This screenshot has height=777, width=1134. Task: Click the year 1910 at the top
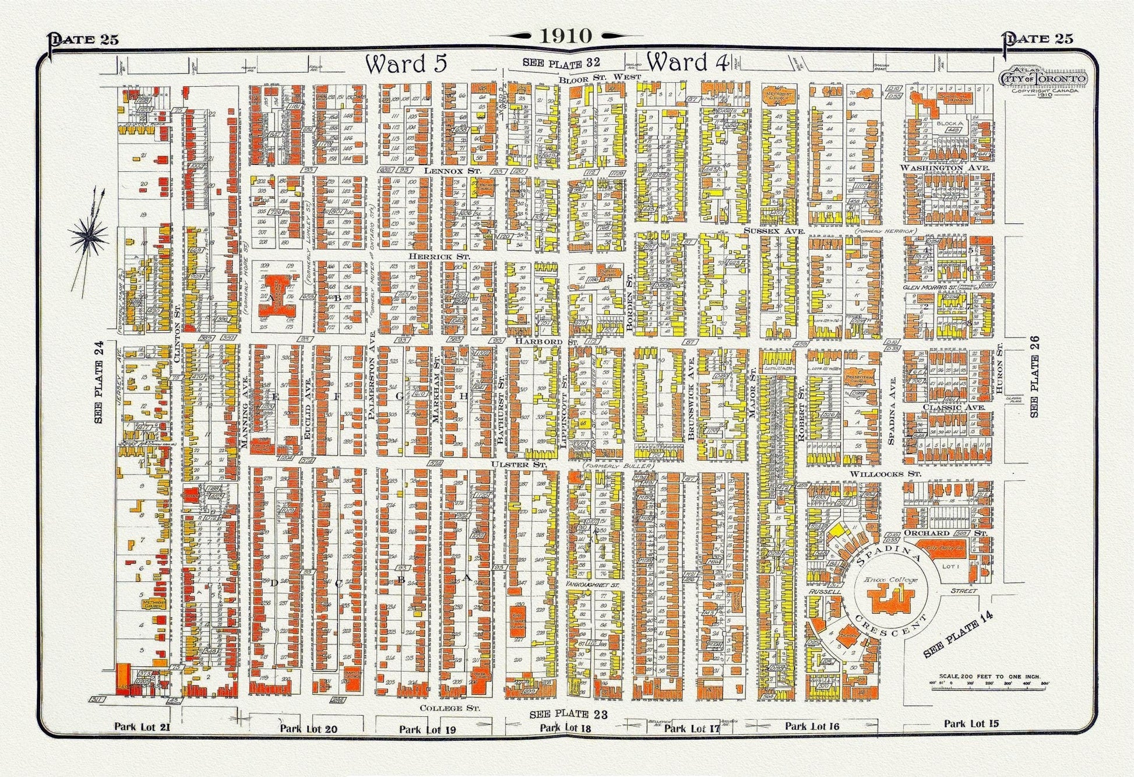click(565, 36)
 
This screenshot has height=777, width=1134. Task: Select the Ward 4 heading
click(687, 62)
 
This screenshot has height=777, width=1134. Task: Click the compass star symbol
click(89, 234)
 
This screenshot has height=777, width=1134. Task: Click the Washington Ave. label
click(945, 168)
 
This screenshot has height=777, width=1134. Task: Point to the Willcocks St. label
click(885, 474)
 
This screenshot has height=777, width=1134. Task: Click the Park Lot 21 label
click(142, 726)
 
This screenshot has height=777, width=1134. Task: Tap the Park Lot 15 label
click(971, 723)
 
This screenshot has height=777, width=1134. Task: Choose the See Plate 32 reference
click(561, 62)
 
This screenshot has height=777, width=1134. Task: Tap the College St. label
click(450, 708)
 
